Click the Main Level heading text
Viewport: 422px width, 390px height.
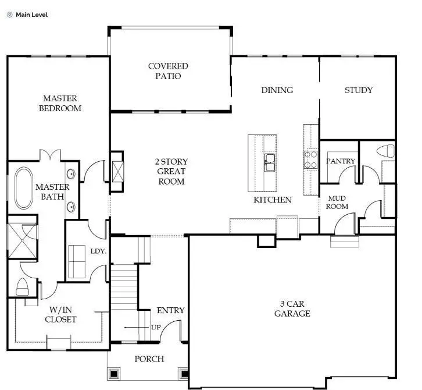(31, 15)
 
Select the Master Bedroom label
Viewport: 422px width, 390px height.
(60, 104)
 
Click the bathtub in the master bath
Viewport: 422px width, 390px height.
(24, 188)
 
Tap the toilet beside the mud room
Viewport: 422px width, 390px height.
(385, 151)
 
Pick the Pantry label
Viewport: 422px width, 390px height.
(340, 161)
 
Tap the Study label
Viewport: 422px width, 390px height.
(358, 90)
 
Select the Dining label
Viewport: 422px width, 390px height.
(277, 90)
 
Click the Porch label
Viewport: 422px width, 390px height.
(149, 359)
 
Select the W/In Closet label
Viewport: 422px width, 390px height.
(61, 314)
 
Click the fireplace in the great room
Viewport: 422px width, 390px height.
(117, 172)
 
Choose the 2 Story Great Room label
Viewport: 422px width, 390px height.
(171, 171)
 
